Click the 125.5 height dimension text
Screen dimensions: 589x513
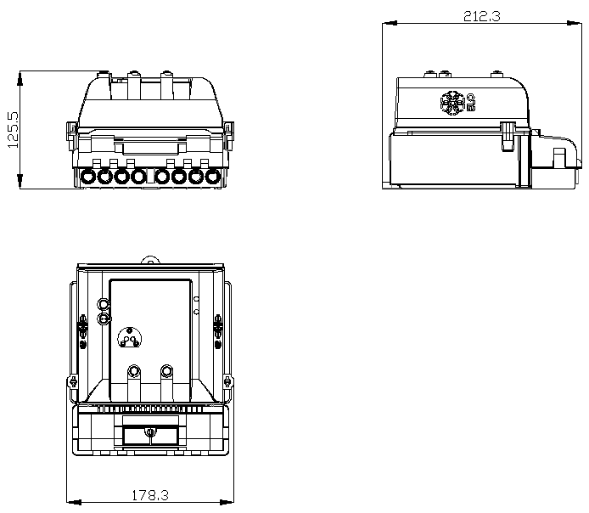coord(14,130)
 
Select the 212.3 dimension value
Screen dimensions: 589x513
coord(481,16)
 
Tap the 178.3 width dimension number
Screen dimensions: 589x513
coord(150,495)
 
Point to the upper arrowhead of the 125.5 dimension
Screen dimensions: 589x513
coord(20,78)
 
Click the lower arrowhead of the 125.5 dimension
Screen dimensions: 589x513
coord(20,181)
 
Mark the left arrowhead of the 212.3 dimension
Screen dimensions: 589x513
coord(390,23)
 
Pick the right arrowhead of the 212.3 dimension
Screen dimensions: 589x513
coord(575,23)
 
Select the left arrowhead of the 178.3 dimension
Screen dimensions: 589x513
coord(74,502)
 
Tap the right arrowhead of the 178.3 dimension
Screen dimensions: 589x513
coord(226,502)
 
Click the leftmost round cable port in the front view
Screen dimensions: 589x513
coord(88,177)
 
